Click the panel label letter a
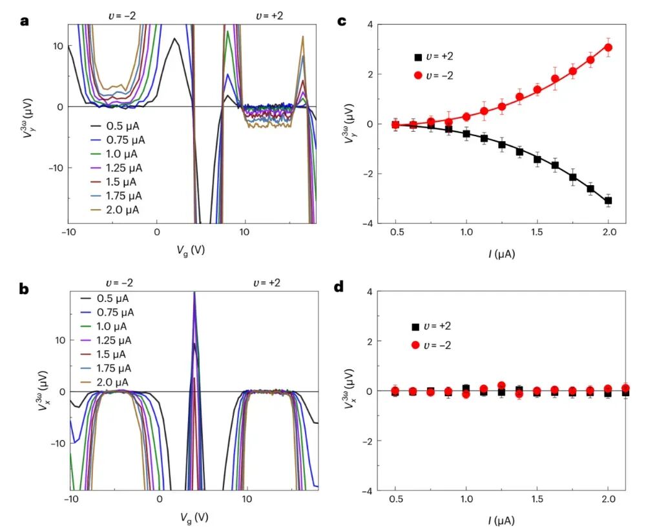pyautogui.click(x=25, y=21)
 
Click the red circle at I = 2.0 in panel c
pyautogui.click(x=608, y=48)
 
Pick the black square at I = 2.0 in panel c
pyautogui.click(x=608, y=201)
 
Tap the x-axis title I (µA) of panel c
pyautogui.click(x=501, y=254)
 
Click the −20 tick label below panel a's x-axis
pyautogui.click(x=68, y=232)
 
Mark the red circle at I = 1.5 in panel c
pyautogui.click(x=537, y=90)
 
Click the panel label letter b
pyautogui.click(x=25, y=290)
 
